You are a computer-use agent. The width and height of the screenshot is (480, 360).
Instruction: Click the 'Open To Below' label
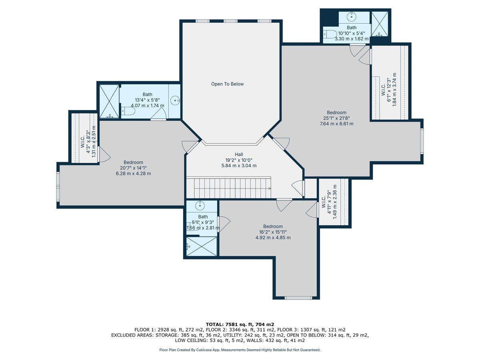coord(227,84)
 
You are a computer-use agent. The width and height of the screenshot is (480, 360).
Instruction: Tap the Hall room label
coord(239,154)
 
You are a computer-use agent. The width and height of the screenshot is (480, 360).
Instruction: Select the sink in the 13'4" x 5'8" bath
coord(176,100)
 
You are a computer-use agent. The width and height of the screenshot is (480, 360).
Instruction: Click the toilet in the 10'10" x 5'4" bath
coord(330,34)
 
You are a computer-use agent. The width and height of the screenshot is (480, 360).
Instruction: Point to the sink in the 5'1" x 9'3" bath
coord(200,205)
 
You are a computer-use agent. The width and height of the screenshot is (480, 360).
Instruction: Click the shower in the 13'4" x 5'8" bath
coord(109,102)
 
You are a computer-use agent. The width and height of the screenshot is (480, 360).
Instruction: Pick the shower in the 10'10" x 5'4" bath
coord(380,24)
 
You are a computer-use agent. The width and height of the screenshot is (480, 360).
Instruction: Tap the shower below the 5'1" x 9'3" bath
coord(202,246)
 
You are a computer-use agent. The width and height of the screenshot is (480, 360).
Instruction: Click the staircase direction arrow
coord(270,188)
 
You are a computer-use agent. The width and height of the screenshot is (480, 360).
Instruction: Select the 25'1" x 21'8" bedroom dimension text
coord(336,118)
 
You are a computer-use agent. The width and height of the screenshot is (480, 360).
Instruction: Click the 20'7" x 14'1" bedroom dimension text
coord(133,168)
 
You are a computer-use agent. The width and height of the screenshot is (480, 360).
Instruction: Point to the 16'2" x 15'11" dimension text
coord(273,232)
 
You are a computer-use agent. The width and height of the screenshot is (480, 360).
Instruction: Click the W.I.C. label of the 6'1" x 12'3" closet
coord(383,89)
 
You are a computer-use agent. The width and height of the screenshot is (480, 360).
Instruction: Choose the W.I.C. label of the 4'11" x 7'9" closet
coord(324,202)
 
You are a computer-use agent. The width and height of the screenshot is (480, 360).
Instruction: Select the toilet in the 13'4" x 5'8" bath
coord(128,111)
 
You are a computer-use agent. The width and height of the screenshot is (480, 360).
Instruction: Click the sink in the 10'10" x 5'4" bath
coord(352,16)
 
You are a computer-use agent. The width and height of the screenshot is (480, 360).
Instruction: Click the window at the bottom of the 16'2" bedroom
coord(298,298)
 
